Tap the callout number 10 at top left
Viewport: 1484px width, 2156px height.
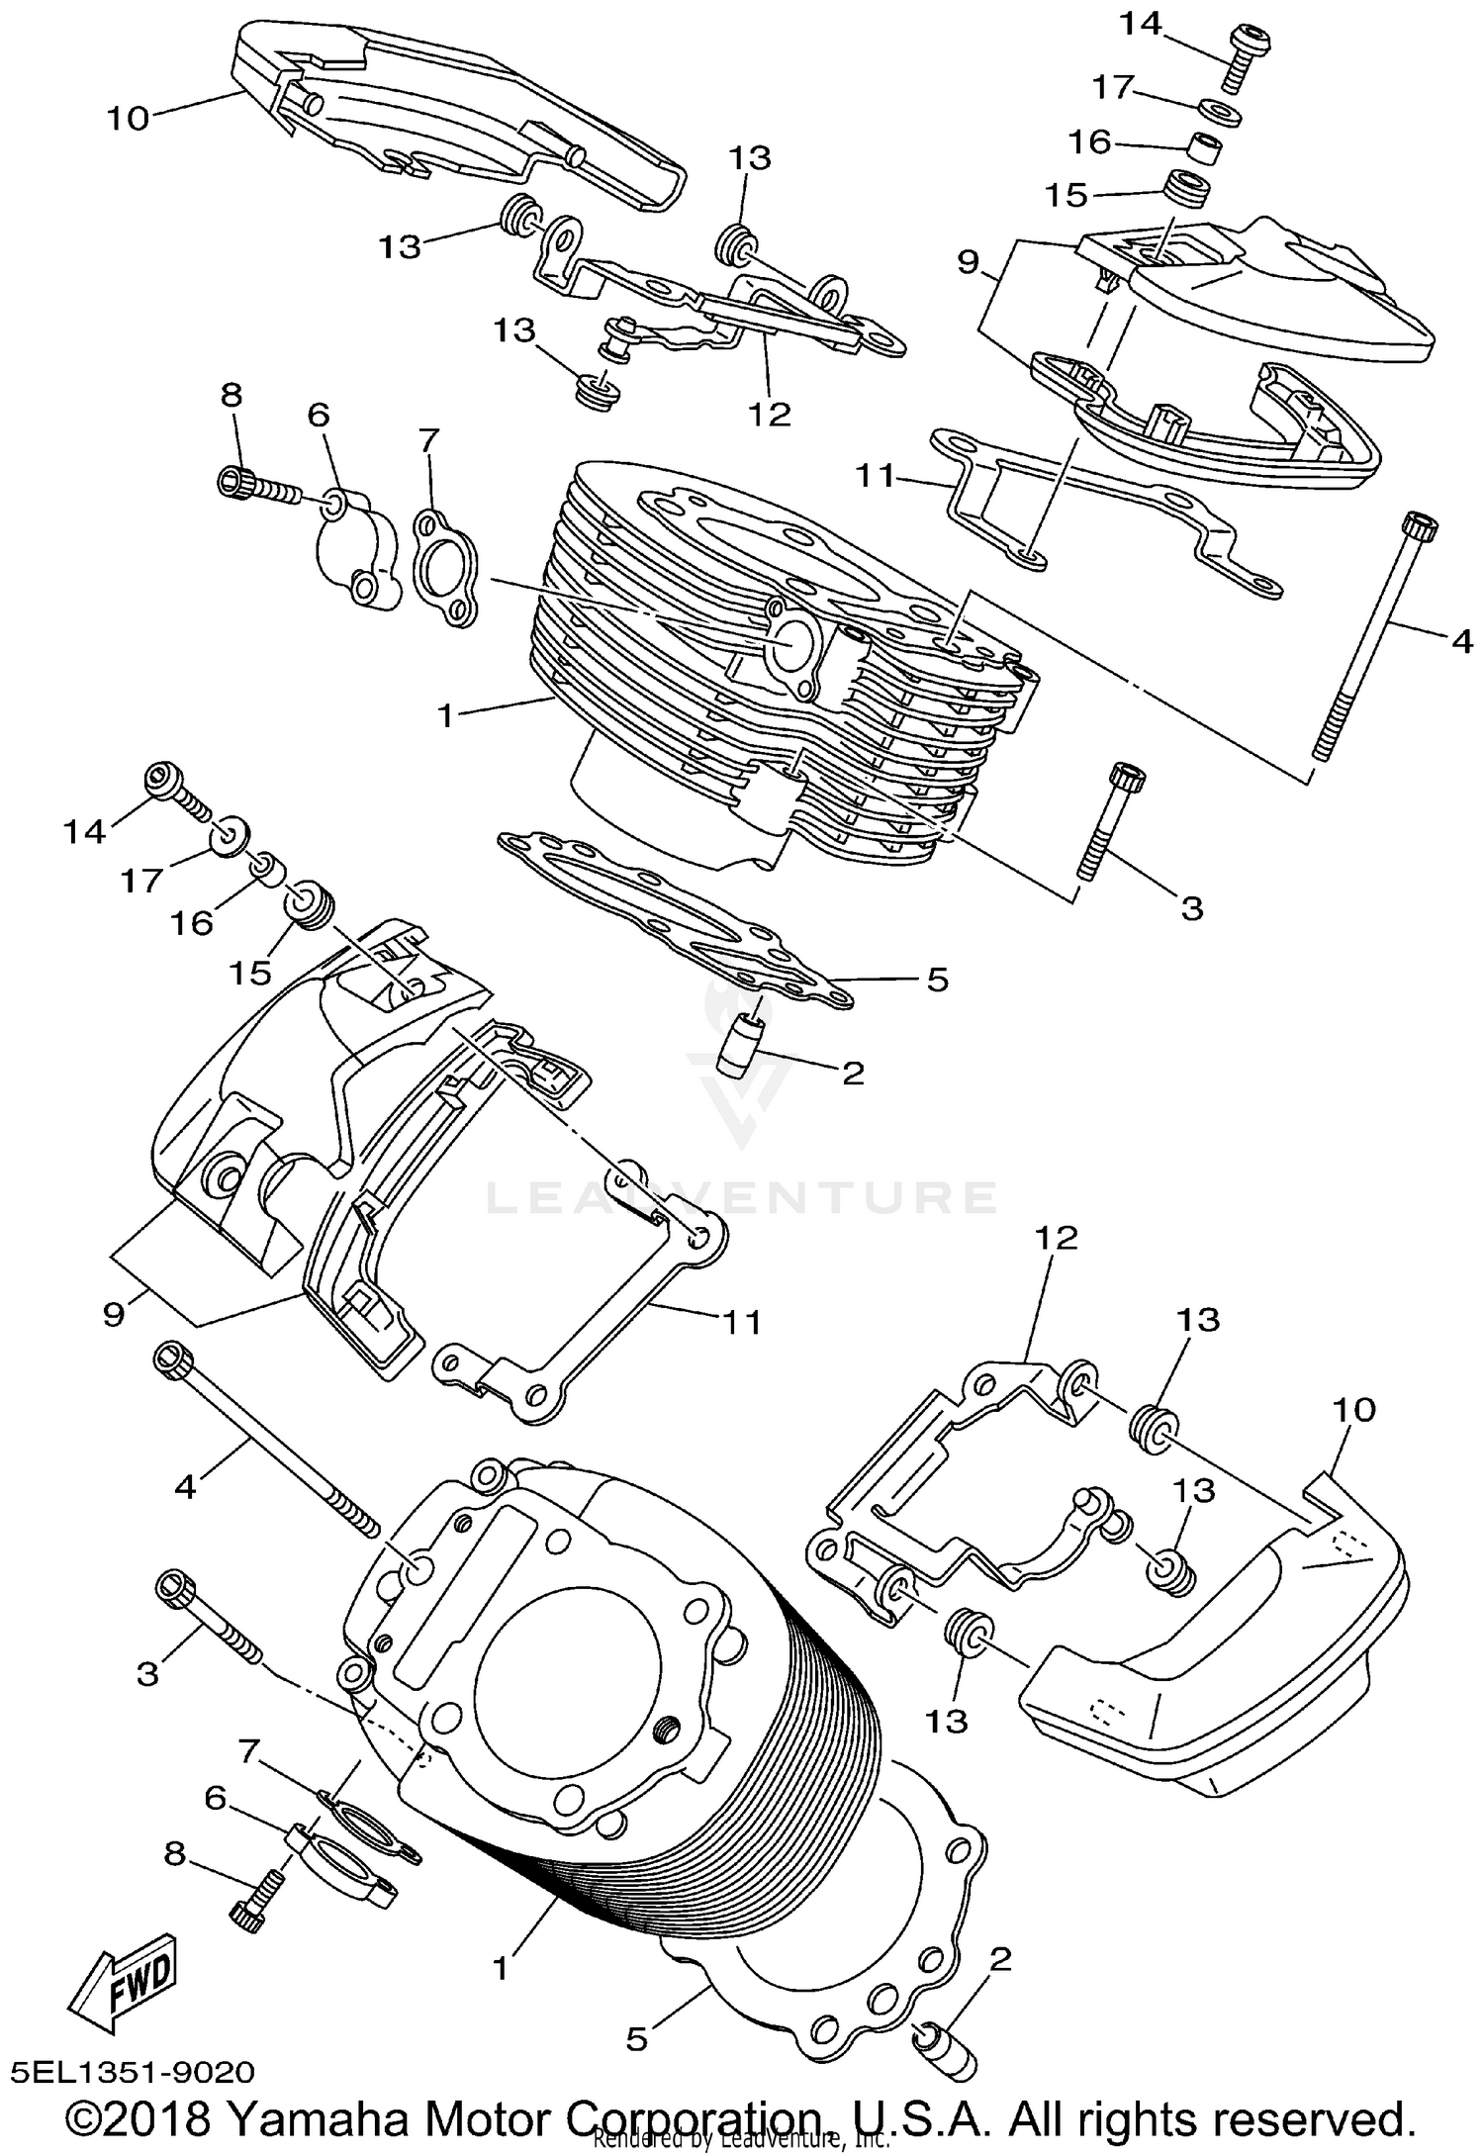coord(128,119)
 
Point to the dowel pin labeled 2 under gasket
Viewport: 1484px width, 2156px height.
coord(737,1047)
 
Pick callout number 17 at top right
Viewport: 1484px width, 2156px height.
coord(1111,88)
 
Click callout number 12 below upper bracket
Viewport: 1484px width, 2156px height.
coord(770,413)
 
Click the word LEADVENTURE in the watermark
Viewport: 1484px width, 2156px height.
coord(742,1198)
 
